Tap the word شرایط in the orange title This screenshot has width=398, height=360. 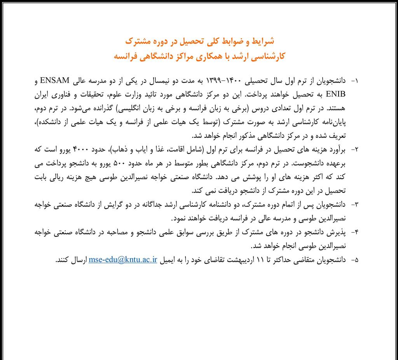point(264,40)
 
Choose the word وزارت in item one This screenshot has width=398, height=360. point(160,94)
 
